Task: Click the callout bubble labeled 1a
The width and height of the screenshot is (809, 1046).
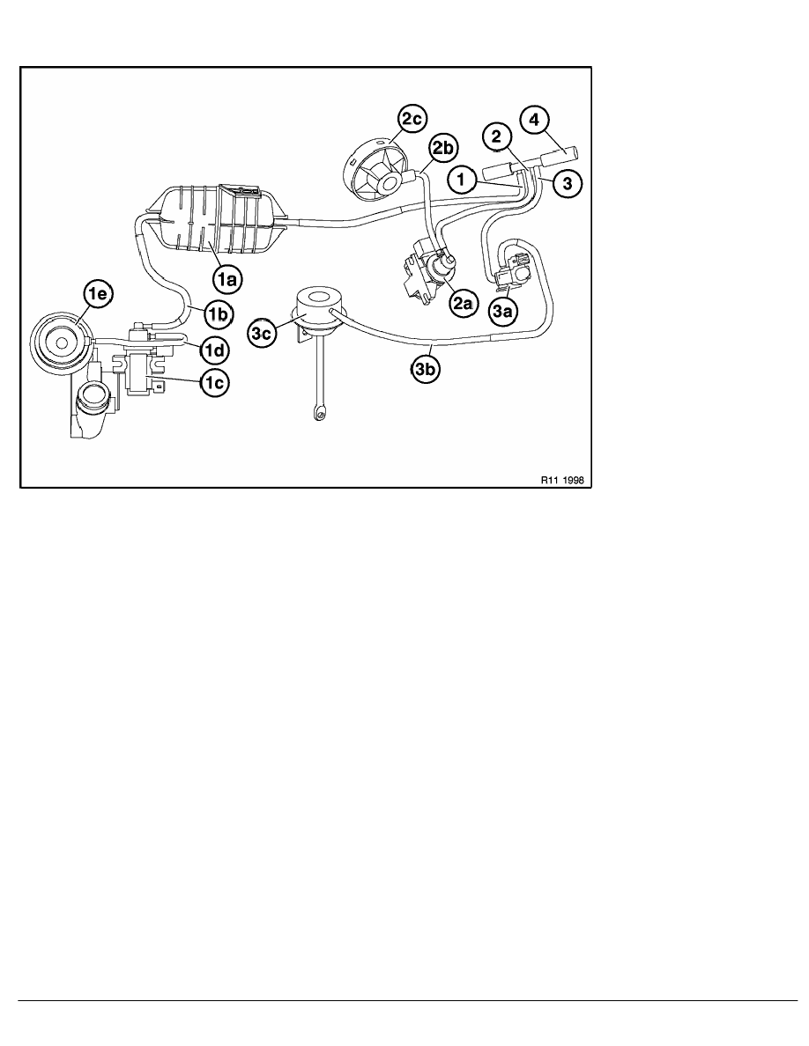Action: pos(228,279)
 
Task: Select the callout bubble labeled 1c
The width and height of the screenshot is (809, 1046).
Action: pos(213,382)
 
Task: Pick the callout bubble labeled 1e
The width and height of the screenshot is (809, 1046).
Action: pos(98,293)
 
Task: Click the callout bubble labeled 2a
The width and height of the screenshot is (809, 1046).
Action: pos(462,304)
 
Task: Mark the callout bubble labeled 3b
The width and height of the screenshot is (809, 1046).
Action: pos(426,371)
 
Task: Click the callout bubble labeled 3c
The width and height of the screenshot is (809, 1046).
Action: pos(263,335)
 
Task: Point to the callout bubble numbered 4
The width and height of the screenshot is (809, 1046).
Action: pos(535,122)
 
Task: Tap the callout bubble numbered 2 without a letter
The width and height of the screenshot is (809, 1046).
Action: pos(497,137)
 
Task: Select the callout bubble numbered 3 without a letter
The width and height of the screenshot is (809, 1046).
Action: pos(568,183)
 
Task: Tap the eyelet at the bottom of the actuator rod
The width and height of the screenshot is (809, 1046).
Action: pos(315,415)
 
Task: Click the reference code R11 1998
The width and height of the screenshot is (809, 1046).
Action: pos(565,480)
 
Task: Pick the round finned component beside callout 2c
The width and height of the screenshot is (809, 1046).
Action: pos(375,166)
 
